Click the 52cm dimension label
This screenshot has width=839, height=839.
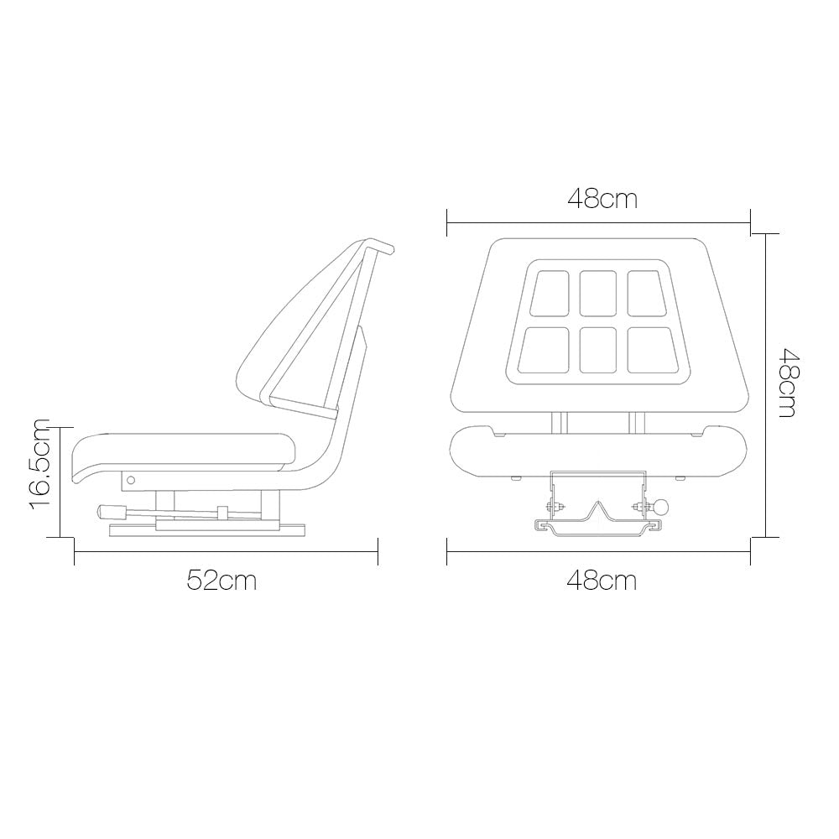[221, 580]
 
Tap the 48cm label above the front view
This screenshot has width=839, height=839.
[602, 199]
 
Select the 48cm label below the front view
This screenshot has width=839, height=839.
[602, 580]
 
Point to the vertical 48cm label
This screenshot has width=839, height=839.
[787, 383]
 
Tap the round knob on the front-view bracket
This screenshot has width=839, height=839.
[661, 507]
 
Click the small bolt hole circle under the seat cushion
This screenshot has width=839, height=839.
[132, 480]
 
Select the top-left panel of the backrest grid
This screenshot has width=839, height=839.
[550, 293]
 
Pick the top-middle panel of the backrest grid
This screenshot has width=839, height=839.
[598, 293]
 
